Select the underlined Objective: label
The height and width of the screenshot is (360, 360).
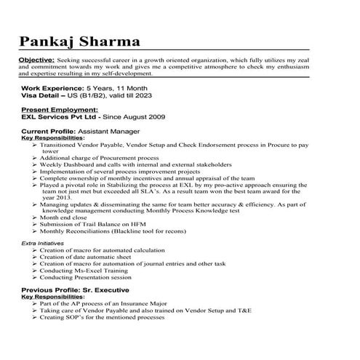click(x=36, y=59)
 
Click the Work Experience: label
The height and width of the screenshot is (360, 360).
click(x=53, y=88)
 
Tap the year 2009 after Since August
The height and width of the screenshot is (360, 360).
click(x=156, y=116)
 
